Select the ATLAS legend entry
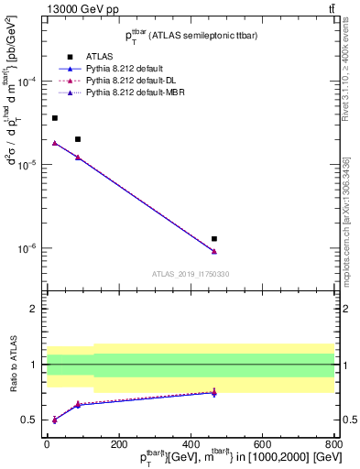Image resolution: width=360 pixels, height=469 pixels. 98,57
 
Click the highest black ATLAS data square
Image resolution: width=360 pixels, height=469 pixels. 55,118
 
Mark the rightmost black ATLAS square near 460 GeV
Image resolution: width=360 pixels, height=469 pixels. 214,238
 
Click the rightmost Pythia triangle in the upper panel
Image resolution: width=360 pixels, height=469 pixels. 214,251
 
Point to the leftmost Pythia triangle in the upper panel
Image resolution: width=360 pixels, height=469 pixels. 55,143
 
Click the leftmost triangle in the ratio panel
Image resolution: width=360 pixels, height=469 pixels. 55,420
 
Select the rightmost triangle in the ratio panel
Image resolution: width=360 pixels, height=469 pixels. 214,392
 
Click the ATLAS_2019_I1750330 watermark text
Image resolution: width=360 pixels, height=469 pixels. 191,274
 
